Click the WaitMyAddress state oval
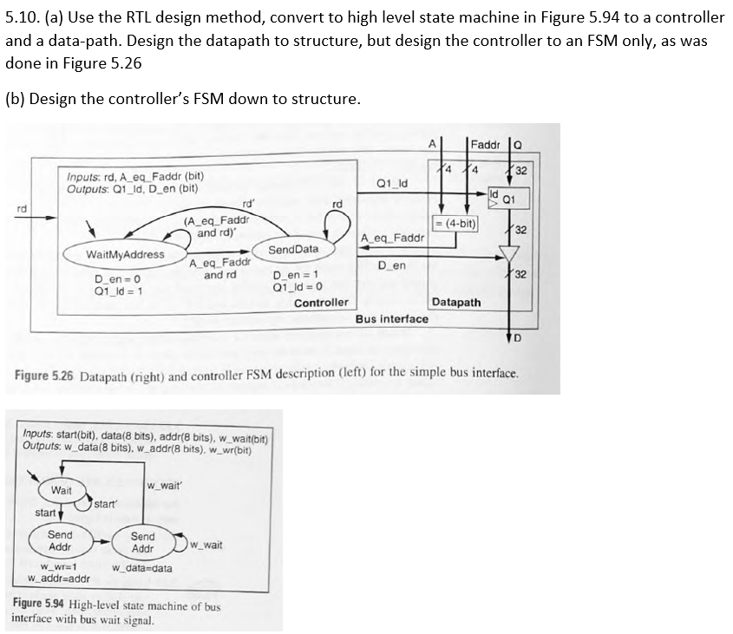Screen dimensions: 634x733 point(125,254)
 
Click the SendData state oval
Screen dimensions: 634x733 point(293,249)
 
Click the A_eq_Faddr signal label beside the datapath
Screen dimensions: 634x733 point(392,237)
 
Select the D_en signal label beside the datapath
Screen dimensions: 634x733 point(392,265)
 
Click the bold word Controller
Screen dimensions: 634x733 point(321,303)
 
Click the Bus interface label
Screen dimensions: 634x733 point(392,318)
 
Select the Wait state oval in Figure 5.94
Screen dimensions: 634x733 point(61,491)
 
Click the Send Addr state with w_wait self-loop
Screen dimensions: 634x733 point(142,543)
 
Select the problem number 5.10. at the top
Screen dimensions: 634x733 point(23,17)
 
